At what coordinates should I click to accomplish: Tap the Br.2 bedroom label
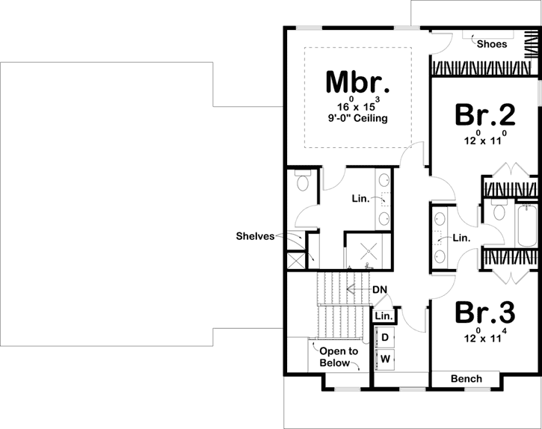pos(484,115)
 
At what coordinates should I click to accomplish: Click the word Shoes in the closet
pos(492,44)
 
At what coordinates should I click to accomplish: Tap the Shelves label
pos(256,236)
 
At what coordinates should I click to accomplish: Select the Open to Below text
pos(339,357)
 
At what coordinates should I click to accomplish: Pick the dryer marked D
pos(386,337)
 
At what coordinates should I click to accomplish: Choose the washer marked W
pos(386,359)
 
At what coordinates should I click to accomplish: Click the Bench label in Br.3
pos(466,379)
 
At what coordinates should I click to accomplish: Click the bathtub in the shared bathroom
pos(526,225)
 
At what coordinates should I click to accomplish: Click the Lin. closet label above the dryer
pos(384,317)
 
